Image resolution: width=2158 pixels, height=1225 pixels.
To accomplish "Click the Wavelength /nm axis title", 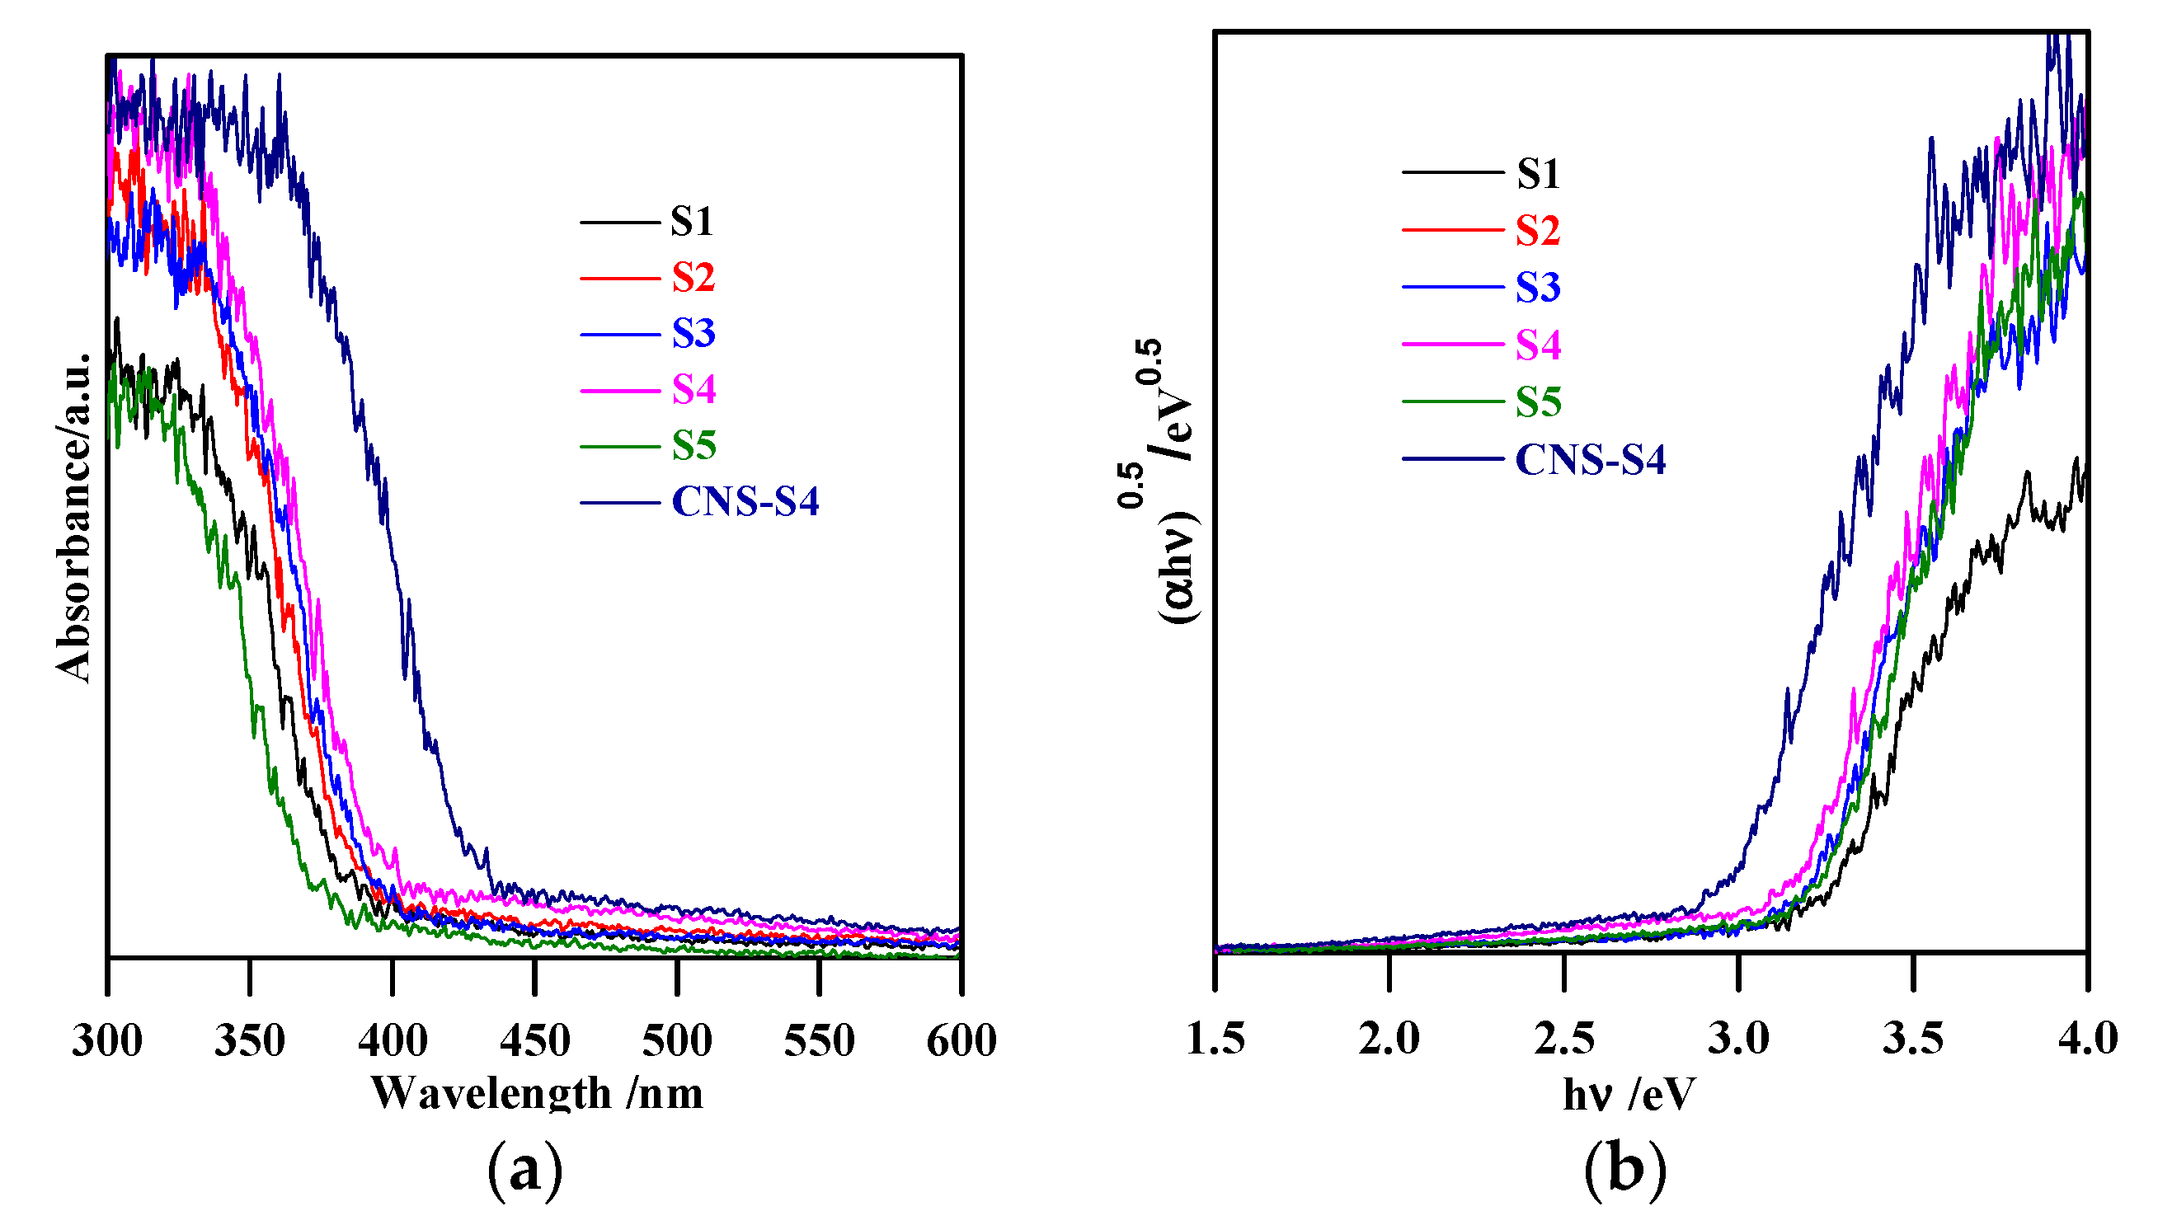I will pos(537,1094).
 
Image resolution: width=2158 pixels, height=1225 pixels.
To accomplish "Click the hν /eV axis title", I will pos(1629,1095).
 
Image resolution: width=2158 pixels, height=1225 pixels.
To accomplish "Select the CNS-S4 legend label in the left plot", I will pos(745,502).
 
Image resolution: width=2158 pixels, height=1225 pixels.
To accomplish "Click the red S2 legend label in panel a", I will pos(693,278).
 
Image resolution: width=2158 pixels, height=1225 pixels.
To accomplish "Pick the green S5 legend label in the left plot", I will pos(693,446).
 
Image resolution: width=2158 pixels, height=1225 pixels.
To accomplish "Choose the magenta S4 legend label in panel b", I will pos(1538,345).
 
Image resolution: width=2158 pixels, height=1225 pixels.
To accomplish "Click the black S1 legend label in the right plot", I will pos(1538,174).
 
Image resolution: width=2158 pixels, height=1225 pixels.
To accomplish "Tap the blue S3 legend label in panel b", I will pos(1538,288).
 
